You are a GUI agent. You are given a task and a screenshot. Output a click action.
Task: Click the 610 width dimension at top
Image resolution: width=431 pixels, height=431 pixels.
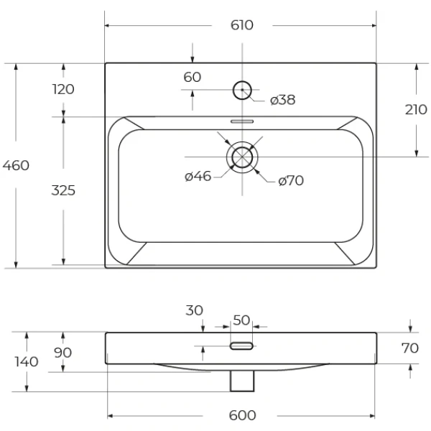(242, 25)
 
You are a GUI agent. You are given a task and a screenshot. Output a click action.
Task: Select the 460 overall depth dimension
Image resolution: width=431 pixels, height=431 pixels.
(16, 165)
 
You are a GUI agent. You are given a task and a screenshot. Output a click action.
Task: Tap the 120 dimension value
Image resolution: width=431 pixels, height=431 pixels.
(63, 89)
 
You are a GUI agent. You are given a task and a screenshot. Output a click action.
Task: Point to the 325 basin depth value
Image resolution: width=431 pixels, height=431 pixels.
(63, 190)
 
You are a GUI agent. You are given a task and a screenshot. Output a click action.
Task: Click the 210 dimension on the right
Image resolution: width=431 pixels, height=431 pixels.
(416, 110)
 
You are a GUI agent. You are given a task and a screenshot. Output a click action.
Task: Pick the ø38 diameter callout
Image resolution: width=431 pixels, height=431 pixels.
(282, 100)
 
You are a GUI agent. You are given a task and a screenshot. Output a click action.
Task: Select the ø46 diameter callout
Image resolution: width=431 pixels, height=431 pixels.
(198, 176)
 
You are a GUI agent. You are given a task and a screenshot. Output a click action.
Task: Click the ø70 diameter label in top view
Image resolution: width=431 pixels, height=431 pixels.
(290, 181)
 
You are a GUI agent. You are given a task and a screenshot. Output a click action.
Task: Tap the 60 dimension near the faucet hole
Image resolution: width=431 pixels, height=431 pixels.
(192, 77)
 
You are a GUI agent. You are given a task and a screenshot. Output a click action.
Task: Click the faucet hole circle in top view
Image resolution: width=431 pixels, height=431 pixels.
(242, 90)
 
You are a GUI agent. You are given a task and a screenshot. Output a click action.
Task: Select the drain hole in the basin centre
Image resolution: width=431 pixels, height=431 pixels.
(243, 157)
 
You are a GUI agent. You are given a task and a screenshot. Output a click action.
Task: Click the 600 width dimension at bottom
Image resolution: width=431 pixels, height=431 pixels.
(242, 416)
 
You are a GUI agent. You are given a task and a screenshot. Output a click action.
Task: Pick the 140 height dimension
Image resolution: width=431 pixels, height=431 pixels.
(27, 361)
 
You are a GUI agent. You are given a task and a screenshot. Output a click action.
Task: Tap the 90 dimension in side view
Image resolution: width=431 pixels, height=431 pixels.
(64, 353)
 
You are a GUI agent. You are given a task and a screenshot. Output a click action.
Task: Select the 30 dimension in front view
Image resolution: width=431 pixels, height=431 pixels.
(194, 310)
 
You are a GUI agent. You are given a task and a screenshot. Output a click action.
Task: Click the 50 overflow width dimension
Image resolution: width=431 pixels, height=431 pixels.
(241, 319)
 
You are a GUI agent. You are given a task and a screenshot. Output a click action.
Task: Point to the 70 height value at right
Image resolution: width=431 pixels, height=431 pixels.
(409, 349)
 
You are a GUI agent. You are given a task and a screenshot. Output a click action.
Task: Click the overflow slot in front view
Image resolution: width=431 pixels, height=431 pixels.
(241, 346)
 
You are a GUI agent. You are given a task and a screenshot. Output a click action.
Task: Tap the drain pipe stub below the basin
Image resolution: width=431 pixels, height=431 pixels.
(241, 381)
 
